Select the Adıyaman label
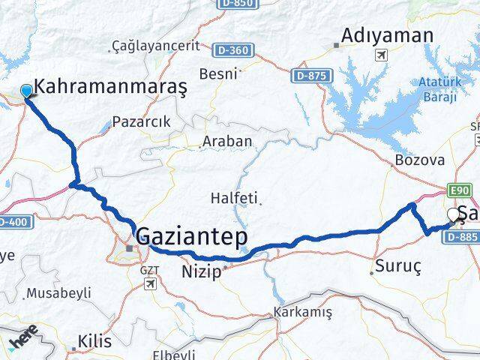pyautogui.click(x=387, y=35)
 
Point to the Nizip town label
pyautogui.click(x=202, y=272)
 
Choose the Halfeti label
pyautogui.click(x=235, y=198)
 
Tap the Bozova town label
pyautogui.click(x=420, y=160)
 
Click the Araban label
pyautogui.click(x=227, y=141)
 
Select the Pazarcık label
pyautogui.click(x=141, y=121)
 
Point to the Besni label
pyautogui.click(x=217, y=74)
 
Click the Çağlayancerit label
pyautogui.click(x=155, y=46)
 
